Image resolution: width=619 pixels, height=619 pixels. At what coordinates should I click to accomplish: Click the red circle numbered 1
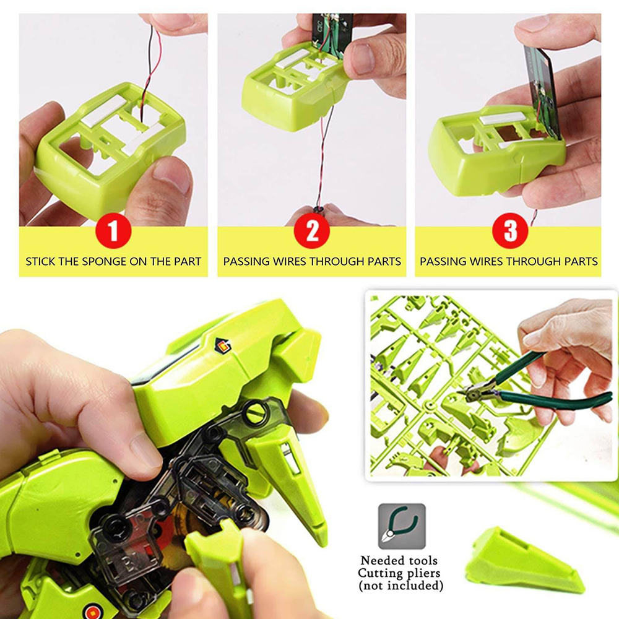click(113, 232)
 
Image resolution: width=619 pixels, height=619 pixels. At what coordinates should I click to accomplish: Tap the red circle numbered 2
click(312, 232)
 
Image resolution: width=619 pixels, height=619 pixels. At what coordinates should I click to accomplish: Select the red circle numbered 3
click(510, 232)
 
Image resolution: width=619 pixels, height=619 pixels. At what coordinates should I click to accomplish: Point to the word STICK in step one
click(40, 261)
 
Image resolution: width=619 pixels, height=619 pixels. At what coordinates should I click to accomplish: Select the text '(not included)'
click(401, 585)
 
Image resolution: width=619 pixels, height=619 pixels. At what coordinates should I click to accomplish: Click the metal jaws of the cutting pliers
click(474, 391)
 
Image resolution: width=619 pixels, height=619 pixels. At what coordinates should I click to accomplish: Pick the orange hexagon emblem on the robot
click(220, 345)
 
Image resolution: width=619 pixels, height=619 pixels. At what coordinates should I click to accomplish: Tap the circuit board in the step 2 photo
click(331, 31)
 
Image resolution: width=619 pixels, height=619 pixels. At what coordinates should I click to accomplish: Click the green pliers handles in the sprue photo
click(557, 396)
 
